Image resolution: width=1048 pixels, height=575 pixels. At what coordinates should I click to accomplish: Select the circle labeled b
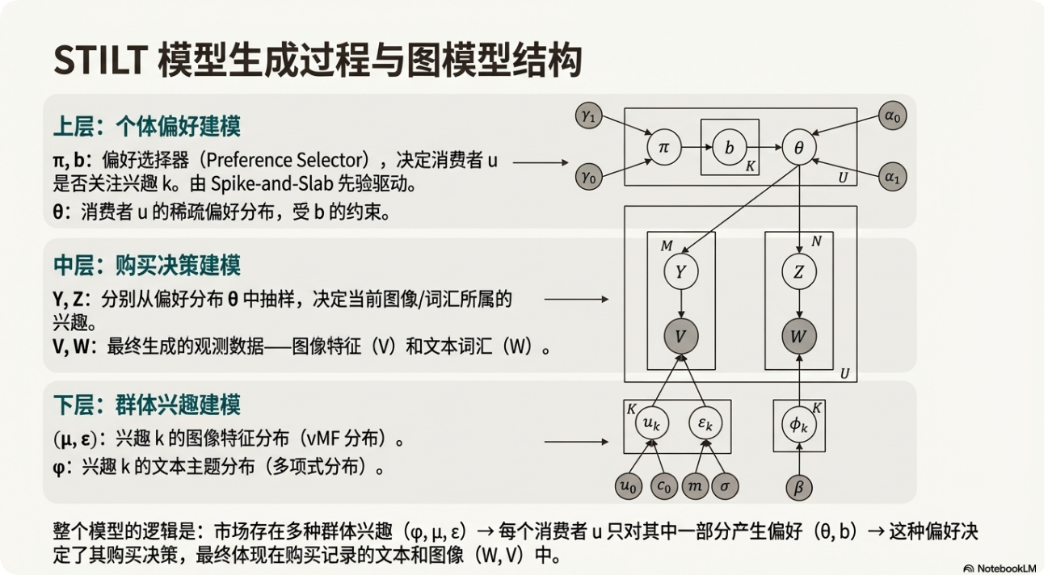730,148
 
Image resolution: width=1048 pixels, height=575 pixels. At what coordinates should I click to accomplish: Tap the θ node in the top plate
798,148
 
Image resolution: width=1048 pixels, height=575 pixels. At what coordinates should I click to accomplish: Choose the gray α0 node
891,117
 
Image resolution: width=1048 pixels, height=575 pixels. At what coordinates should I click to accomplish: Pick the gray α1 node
891,176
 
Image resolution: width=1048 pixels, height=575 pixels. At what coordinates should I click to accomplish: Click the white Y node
681,273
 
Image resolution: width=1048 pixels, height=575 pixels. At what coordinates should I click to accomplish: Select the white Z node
798,273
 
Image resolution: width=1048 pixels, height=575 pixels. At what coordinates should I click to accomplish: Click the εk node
705,423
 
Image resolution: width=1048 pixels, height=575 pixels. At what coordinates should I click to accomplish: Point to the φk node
798,423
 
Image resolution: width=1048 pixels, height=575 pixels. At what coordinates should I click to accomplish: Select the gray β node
798,487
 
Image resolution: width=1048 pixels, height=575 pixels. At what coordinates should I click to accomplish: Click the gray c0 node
664,487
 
